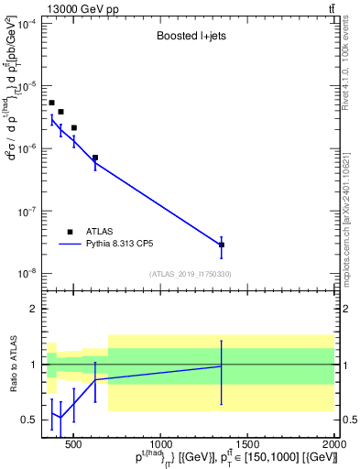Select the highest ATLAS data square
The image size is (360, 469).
(52, 103)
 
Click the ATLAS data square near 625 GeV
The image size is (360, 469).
(95, 158)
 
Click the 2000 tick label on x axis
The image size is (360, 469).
(334, 444)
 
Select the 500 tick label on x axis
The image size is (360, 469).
(74, 444)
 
